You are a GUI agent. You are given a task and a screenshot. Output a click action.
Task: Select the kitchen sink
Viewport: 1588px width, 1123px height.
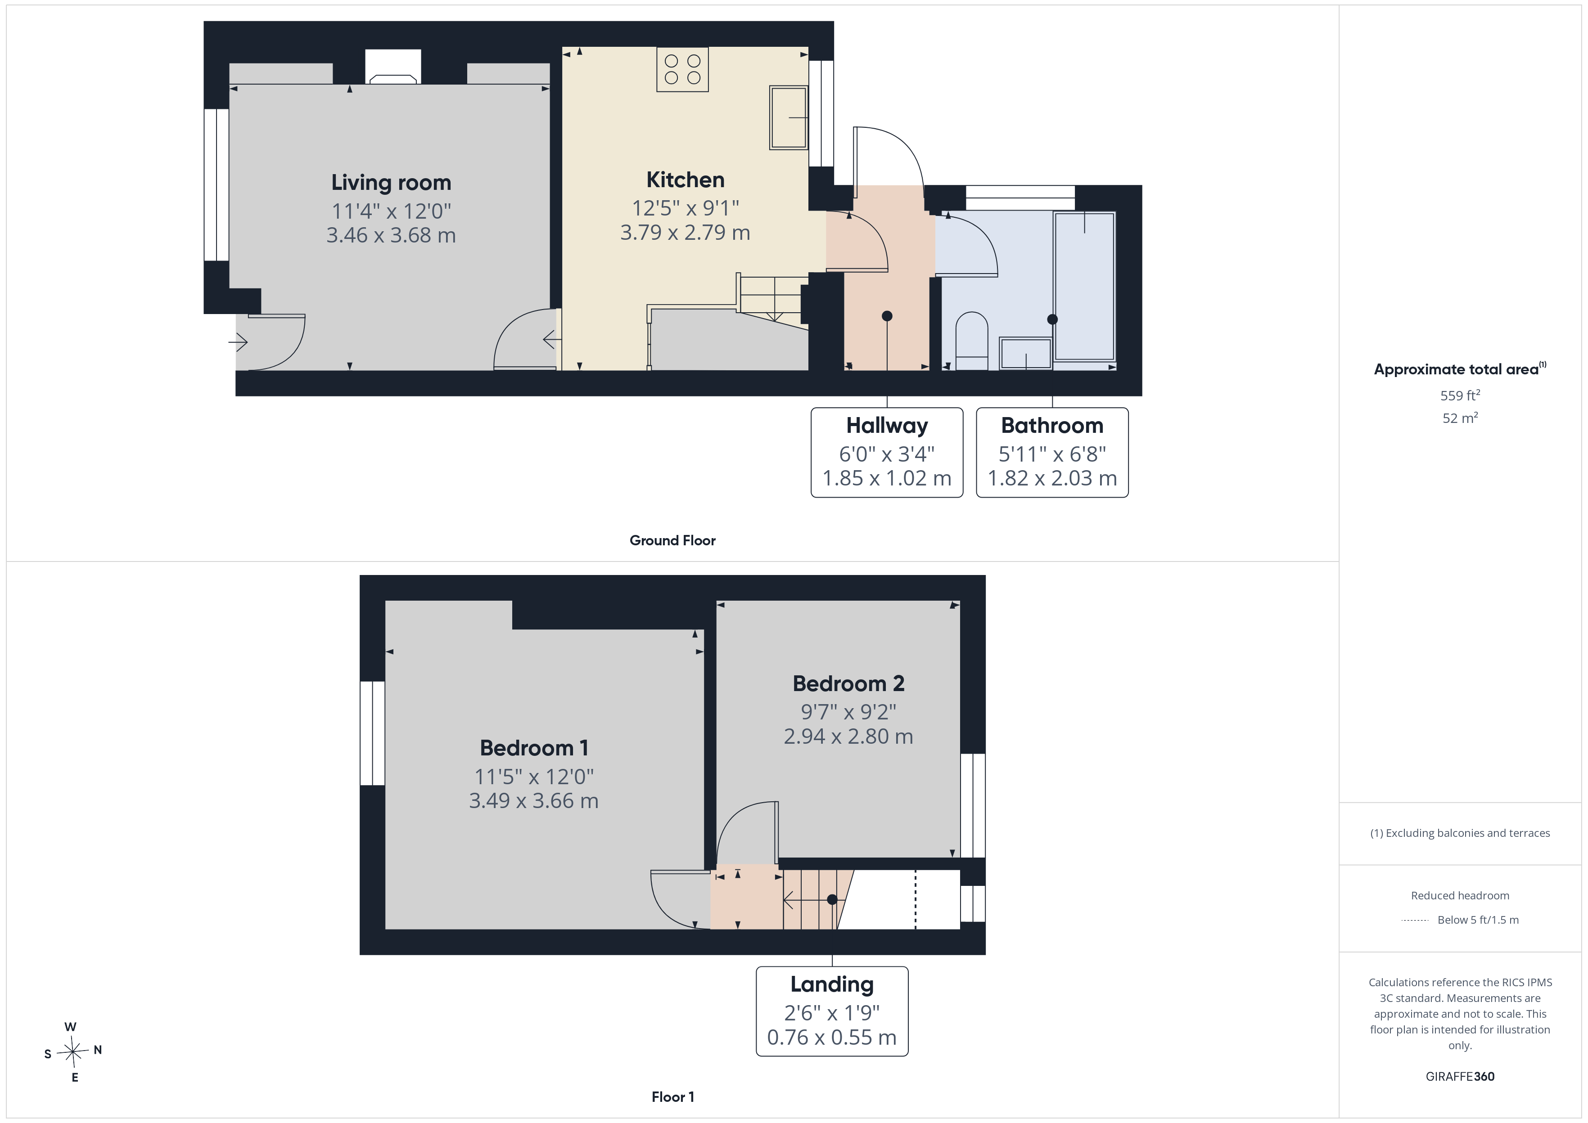point(789,117)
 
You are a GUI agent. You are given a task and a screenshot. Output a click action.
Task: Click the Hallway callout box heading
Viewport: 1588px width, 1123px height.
point(887,425)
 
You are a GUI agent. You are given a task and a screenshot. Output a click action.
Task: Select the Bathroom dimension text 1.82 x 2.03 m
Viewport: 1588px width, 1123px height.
point(1052,478)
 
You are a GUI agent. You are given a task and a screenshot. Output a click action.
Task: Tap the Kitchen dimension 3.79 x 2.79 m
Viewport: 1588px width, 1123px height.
point(685,232)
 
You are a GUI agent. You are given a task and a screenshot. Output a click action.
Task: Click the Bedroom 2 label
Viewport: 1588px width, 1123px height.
point(848,683)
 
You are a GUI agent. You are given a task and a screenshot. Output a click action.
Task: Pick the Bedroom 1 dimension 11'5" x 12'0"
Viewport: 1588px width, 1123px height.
point(533,777)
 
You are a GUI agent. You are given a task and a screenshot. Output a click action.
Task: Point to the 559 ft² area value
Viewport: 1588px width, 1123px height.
point(1460,395)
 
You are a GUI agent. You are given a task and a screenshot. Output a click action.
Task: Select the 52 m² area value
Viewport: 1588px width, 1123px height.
point(1460,418)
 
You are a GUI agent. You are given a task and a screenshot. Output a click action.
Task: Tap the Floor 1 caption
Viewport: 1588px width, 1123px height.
point(672,1097)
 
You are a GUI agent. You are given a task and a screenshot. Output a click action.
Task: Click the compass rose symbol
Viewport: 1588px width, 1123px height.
point(72,1052)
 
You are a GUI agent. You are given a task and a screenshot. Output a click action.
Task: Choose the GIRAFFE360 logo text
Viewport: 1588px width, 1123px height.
point(1460,1076)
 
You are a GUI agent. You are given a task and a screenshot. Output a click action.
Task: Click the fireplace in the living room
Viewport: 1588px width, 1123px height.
point(393,67)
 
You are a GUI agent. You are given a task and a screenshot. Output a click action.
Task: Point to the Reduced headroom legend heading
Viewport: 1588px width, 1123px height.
point(1460,895)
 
